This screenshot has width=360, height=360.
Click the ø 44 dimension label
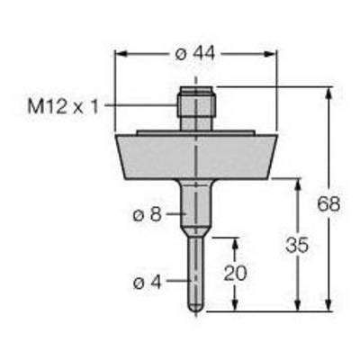click(195, 54)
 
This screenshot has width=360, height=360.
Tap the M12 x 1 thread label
click(63, 106)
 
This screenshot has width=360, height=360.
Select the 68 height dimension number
click(328, 204)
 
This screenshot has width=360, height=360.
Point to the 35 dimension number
click(297, 245)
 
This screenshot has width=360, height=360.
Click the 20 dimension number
click(236, 273)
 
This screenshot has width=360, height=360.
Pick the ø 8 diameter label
click(148, 214)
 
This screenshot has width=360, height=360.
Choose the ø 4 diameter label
click(148, 282)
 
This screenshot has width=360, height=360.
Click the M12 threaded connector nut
click(196, 102)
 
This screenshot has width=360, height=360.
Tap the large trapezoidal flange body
click(196, 157)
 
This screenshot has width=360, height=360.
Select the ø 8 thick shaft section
click(196, 204)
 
